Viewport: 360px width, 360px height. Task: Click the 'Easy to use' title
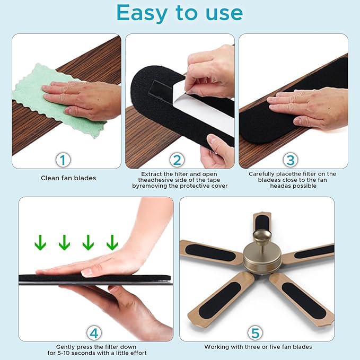click(180, 13)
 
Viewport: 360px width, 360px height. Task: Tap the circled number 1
click(63, 160)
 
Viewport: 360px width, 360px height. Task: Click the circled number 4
click(94, 332)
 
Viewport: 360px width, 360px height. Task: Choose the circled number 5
click(256, 332)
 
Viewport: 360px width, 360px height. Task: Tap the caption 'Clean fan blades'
click(68, 178)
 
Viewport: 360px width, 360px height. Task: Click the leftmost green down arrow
click(40, 242)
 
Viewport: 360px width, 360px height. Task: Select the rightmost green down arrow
click(111, 242)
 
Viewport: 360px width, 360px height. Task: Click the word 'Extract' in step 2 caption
click(153, 174)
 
